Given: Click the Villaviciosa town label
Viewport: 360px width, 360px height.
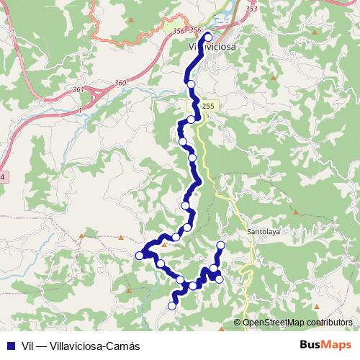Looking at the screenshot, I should [x=212, y=47].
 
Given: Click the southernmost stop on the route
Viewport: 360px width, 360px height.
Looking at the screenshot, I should [x=171, y=306].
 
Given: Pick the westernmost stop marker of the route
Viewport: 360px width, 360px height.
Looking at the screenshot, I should [x=139, y=255].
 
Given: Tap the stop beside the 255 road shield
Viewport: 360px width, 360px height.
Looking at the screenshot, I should [x=191, y=120].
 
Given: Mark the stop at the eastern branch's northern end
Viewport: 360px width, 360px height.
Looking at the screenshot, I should [x=220, y=246].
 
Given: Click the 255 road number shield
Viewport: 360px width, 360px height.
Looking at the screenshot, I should [x=207, y=107].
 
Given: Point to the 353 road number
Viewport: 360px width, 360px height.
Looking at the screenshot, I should [x=251, y=9].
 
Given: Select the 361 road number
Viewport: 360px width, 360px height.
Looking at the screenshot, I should [x=78, y=90].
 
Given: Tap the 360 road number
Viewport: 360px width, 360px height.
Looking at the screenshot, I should [x=120, y=84].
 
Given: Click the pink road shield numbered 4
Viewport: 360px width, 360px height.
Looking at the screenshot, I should [x=2, y=176].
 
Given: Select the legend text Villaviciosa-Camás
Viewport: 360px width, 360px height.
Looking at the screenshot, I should [x=99, y=345].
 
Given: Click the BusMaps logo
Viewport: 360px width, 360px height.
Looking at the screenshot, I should [x=326, y=344].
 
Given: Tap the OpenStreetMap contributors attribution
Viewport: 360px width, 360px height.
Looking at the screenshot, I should [x=297, y=323].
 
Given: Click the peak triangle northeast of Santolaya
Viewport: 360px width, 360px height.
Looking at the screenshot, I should [x=295, y=212].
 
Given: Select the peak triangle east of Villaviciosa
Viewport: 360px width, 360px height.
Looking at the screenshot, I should [x=274, y=76].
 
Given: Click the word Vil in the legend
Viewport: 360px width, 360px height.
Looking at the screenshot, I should [x=28, y=345].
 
